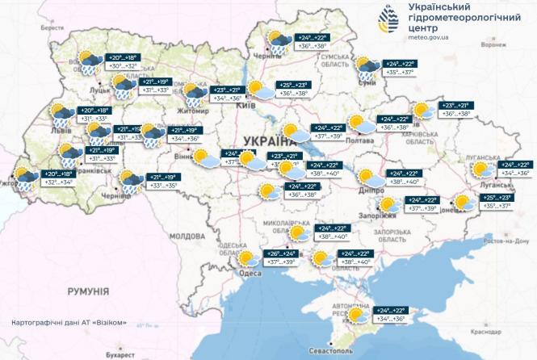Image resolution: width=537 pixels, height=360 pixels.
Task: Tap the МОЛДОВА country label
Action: coord(188,236)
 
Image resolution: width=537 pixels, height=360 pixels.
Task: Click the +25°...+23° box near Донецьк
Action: coord(495,198)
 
